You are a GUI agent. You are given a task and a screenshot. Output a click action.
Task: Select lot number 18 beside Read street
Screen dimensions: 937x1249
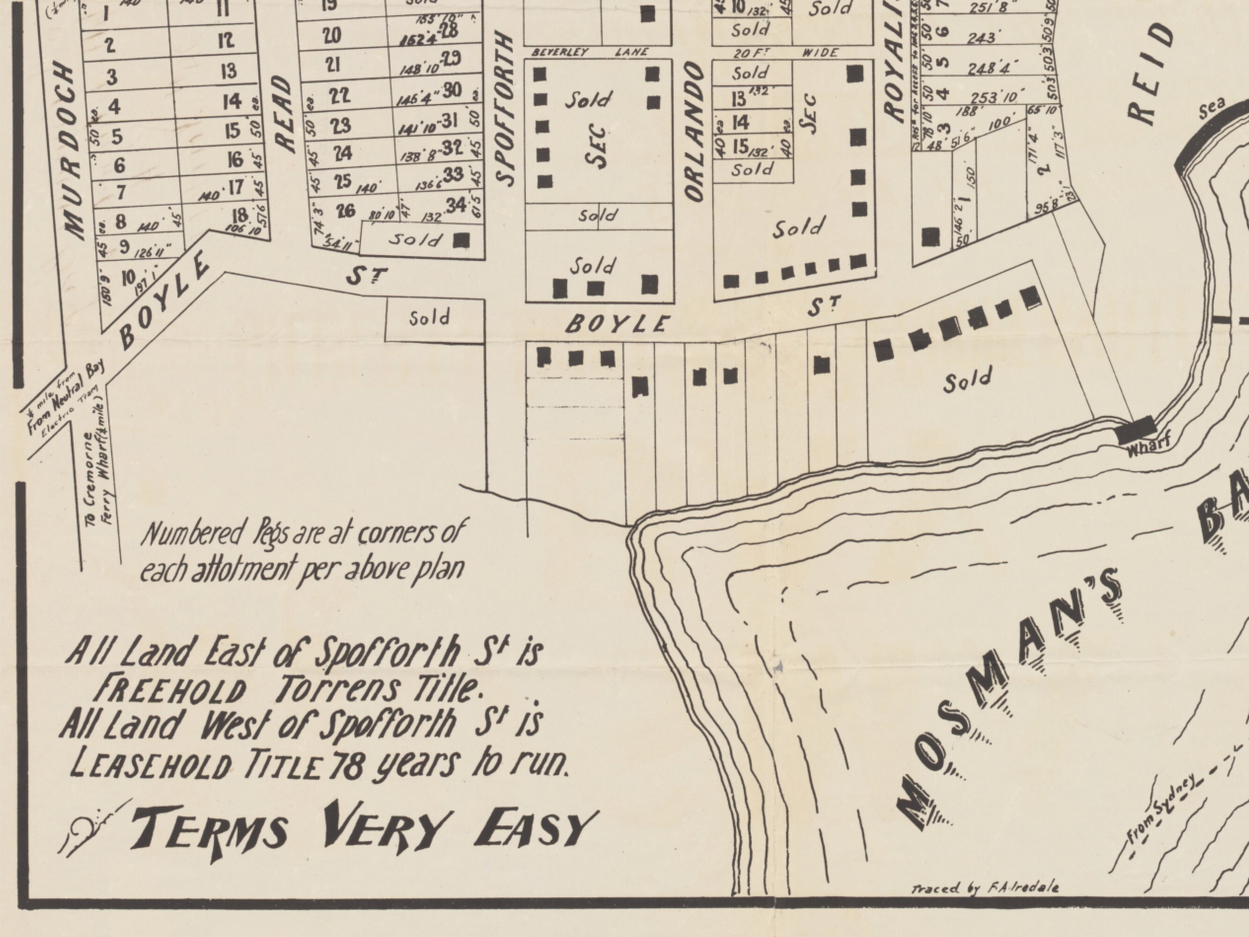pyautogui.click(x=239, y=215)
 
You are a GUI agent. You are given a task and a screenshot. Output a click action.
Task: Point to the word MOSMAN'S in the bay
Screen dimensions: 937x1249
pyautogui.click(x=1011, y=700)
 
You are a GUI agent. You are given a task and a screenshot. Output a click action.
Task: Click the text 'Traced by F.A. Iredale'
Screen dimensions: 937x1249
pyautogui.click(x=985, y=888)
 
